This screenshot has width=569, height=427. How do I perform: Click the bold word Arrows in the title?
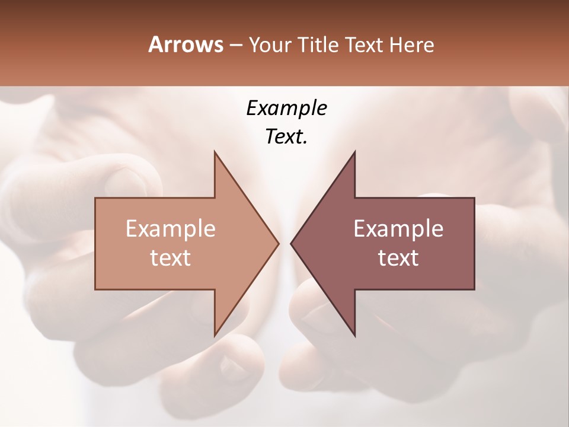186,44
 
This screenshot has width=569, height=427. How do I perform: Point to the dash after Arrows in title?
235,46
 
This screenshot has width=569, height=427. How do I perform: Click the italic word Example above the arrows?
286,109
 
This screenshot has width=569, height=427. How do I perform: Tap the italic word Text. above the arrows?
286,137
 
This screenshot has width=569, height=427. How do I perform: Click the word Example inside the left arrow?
170,229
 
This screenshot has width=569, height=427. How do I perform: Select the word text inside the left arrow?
170,258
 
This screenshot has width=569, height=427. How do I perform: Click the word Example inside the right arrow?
398,229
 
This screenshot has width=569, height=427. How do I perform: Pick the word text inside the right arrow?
398,258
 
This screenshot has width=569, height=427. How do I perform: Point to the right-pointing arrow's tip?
279,243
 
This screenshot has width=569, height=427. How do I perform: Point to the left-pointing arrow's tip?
291,243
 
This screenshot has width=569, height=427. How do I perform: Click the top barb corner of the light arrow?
215,152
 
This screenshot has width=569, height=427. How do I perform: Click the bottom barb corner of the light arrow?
215,336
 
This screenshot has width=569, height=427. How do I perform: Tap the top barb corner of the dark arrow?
354,152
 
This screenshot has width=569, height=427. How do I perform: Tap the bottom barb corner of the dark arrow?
354,336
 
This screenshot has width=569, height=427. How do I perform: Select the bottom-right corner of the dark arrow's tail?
474,289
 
